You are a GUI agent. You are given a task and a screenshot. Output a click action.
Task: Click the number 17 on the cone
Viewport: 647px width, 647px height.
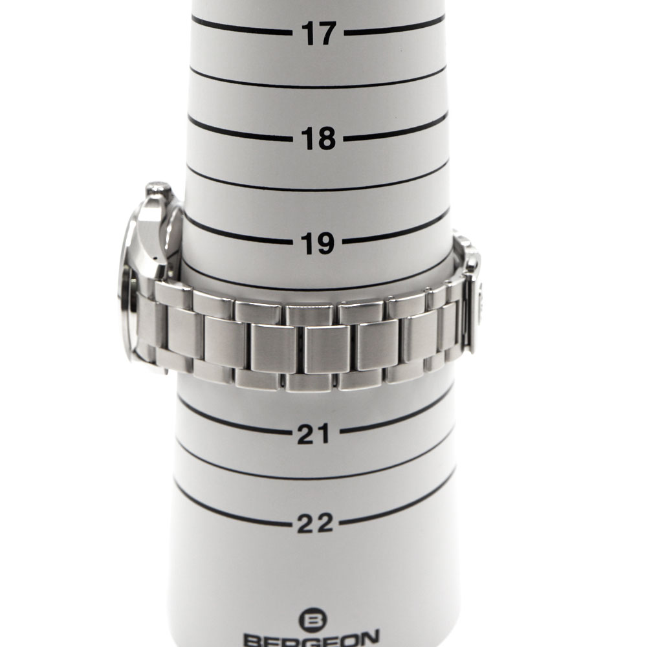click(x=318, y=33)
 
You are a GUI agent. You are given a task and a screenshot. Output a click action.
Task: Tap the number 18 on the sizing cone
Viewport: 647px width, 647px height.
click(x=318, y=138)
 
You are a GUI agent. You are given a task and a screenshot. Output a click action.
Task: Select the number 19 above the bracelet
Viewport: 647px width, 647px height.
click(x=317, y=243)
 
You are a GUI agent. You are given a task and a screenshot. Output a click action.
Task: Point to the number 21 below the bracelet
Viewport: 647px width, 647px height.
click(x=314, y=433)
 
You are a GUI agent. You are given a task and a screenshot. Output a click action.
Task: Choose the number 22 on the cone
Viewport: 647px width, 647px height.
click(x=315, y=523)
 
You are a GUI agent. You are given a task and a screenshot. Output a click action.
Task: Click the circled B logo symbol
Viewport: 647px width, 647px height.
click(x=313, y=620)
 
